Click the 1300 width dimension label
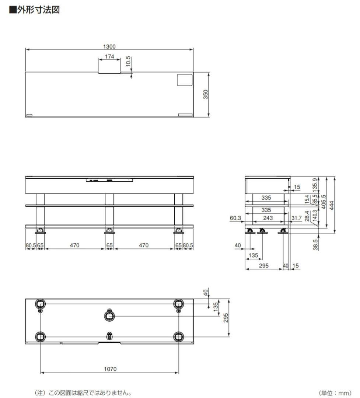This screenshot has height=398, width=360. tap(109, 47)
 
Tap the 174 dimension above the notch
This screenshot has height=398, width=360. tap(109, 57)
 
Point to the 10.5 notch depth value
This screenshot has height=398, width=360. tap(128, 62)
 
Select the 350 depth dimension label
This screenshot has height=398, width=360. tap(206, 94)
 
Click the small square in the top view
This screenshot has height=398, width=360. tap(185, 80)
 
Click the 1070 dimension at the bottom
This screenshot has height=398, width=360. tap(110, 369)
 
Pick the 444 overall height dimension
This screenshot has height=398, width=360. tap(332, 205)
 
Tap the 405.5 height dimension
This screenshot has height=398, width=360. tap(324, 202)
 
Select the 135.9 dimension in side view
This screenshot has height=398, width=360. tap(315, 185)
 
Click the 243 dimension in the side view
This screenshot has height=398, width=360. tap(268, 218)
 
